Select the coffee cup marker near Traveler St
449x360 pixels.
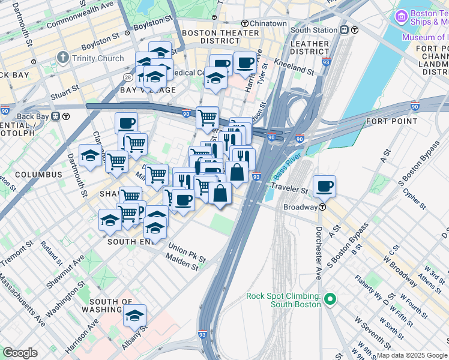[324, 187]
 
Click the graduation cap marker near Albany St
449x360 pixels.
[135, 316]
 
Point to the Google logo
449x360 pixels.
[20, 353]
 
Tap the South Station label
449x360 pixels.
[313, 29]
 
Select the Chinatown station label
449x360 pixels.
[268, 23]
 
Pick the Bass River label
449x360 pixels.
[286, 167]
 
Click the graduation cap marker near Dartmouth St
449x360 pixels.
[90, 157]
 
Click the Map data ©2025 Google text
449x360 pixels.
[411, 355]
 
